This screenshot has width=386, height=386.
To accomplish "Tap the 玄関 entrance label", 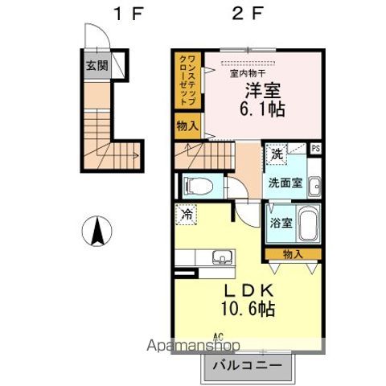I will (96, 65).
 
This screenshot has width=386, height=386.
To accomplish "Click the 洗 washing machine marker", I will (277, 154).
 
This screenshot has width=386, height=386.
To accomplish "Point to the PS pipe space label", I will (315, 148).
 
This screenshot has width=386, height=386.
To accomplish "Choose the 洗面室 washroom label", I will (285, 183).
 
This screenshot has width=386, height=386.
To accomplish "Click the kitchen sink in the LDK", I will (220, 258).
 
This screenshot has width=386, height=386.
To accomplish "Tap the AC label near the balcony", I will (217, 337).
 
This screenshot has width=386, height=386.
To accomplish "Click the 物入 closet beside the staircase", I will (187, 125).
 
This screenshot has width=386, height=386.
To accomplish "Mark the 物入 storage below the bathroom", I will (294, 254).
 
